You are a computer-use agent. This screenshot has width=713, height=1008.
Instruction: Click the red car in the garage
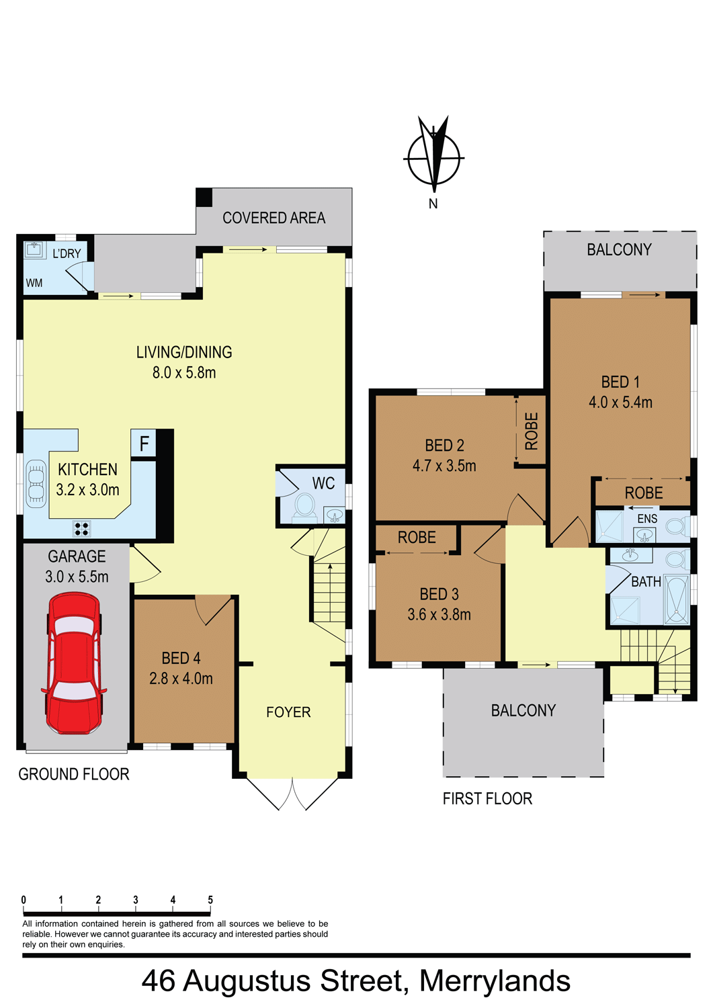(75, 663)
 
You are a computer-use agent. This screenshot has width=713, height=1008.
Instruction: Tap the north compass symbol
(434, 157)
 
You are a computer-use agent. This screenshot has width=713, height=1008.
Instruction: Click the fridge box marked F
(144, 444)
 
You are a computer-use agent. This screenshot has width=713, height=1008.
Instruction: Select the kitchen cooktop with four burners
(81, 528)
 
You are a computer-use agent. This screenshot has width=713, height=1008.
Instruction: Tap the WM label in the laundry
(34, 283)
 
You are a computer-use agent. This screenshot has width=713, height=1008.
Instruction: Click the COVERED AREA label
(274, 218)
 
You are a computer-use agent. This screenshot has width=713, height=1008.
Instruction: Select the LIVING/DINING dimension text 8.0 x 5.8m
(184, 372)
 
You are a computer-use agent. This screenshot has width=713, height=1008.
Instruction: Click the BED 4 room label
(181, 658)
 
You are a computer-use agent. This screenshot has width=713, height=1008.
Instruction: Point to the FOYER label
(288, 712)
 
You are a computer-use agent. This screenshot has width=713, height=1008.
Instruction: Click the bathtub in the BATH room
(677, 599)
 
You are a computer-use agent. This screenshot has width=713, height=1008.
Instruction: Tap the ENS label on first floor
(647, 519)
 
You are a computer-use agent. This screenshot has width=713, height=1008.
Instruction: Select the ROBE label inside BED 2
(531, 431)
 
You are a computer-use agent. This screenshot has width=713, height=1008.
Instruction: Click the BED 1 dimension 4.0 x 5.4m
(621, 402)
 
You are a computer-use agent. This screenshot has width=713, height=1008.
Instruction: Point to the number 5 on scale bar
(210, 900)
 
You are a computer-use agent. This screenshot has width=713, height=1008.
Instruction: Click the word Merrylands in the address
(495, 981)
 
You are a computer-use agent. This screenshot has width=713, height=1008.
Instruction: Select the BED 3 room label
(439, 594)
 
